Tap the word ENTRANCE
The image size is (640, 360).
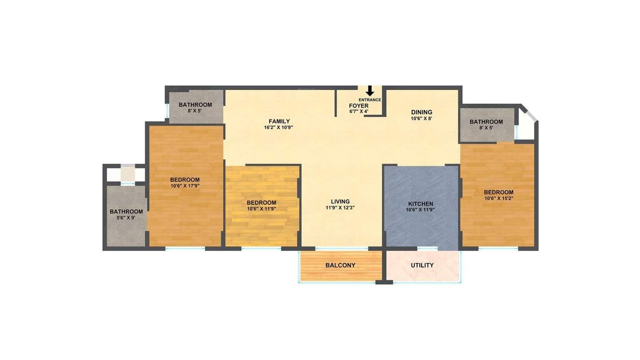370,100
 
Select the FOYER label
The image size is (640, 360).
359,106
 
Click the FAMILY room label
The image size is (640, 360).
279,121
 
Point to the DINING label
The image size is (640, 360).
422,112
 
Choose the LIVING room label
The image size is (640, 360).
340,202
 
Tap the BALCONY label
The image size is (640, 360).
340,265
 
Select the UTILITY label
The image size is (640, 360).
423,265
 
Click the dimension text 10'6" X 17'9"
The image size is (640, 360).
185,186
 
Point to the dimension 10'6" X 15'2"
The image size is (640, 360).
499,198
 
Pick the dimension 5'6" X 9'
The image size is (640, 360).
126,218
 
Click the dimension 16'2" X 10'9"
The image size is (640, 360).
279,128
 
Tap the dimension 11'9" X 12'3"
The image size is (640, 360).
340,208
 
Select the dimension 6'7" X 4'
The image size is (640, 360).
359,112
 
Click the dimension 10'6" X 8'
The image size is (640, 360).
422,118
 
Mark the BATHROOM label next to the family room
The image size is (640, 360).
195,105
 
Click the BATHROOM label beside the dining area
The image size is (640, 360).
486,122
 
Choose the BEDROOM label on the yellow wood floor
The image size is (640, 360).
262,202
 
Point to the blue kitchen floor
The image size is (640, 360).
422,230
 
